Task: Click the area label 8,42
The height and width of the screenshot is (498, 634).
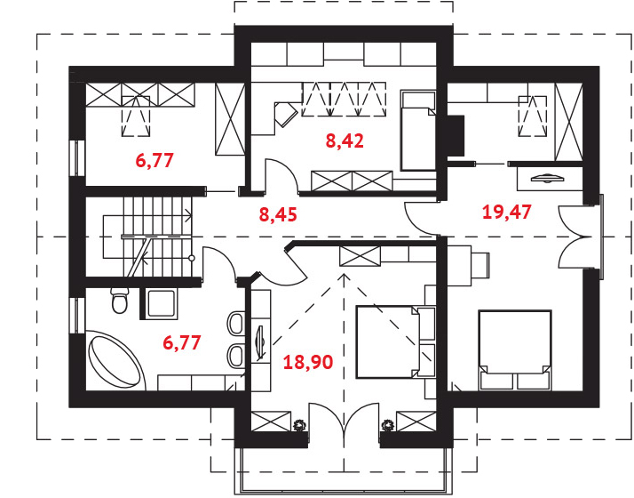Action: (x=345, y=141)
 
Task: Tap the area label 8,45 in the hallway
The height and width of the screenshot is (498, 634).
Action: (x=278, y=214)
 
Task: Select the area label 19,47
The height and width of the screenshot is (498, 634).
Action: (x=507, y=212)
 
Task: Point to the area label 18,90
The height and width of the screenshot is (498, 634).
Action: (x=308, y=362)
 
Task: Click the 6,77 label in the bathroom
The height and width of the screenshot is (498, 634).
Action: (x=182, y=342)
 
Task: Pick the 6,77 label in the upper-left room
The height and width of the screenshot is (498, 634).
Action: (x=155, y=160)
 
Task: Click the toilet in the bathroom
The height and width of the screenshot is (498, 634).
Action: (x=120, y=301)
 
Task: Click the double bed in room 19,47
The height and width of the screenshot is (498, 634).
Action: (x=515, y=349)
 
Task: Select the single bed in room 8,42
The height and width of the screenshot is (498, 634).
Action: (x=418, y=131)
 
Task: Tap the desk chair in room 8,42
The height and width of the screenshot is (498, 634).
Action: (x=286, y=114)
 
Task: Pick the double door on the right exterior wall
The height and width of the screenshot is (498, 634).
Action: (x=578, y=237)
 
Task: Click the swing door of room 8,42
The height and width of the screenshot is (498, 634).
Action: (x=281, y=175)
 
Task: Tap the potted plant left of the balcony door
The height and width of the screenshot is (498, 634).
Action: (x=299, y=425)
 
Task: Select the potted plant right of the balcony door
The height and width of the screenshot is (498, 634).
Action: (x=388, y=425)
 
